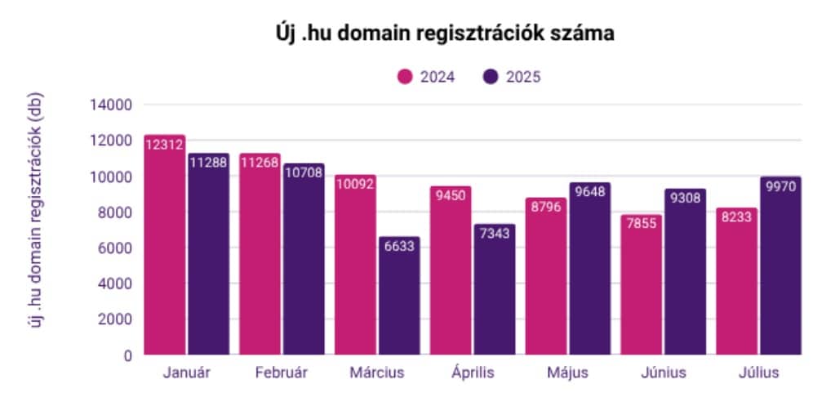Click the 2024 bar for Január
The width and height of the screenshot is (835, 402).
coord(165,245)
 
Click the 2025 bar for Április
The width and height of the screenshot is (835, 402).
coord(494,289)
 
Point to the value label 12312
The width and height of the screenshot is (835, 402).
coord(165,145)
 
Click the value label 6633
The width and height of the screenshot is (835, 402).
coord(398,247)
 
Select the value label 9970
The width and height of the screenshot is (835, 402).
coord(779,185)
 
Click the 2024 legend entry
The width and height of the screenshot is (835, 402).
coord(426,78)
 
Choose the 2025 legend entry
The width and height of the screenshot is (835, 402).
coord(512,78)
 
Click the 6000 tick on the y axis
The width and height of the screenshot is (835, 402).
coord(118,248)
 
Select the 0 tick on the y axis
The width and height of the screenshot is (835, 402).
coord(127,355)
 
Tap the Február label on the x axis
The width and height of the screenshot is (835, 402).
coord(282,373)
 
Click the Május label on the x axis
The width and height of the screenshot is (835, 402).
coord(567,373)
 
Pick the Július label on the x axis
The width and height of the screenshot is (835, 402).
coord(758,373)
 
